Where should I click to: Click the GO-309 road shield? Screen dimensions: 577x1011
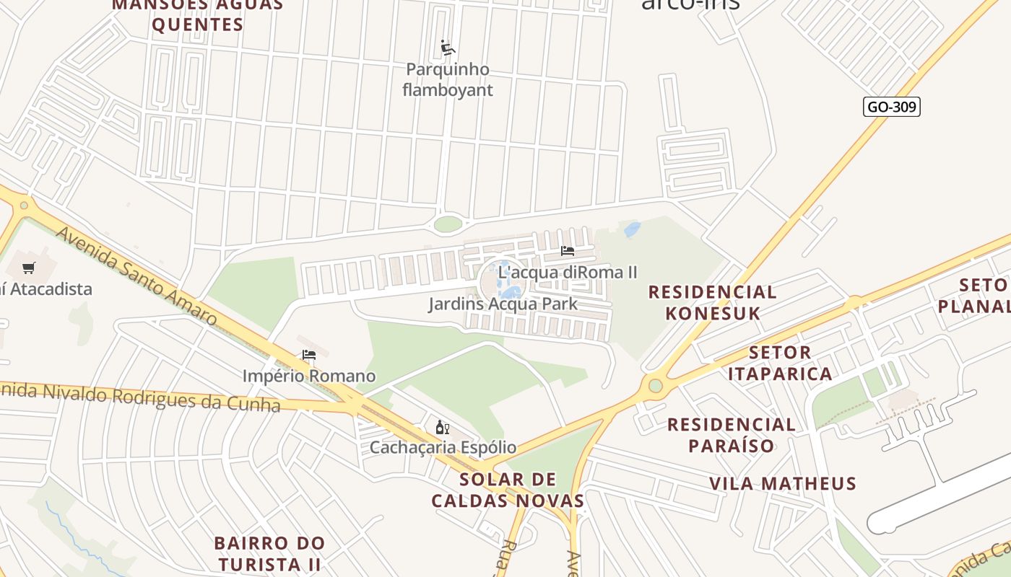coord(891,107)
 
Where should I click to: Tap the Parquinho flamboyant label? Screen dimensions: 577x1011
coord(447,80)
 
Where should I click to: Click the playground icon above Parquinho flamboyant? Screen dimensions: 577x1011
coord(448,48)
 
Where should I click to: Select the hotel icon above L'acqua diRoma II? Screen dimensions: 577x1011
coord(568,251)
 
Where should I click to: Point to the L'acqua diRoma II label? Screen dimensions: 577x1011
coord(568,273)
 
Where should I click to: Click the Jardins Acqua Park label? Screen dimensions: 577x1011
coord(503,304)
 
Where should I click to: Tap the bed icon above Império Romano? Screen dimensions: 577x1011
coord(309,355)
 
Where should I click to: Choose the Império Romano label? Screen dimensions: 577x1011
coord(309,376)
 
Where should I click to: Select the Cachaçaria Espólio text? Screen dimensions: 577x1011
coord(443,447)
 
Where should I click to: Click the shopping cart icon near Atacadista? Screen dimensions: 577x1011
coord(29,268)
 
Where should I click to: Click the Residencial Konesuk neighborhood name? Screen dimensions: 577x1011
coord(712,302)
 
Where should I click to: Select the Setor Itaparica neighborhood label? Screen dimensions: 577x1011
coord(780,363)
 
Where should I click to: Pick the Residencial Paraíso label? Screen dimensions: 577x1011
coord(731,435)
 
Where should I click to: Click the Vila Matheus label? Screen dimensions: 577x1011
coord(782,483)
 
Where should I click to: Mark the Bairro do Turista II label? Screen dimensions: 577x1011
coord(269,553)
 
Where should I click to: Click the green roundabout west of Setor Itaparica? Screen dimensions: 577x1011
coord(655,386)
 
